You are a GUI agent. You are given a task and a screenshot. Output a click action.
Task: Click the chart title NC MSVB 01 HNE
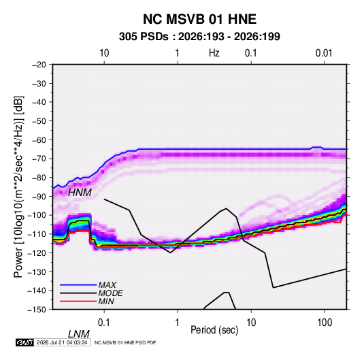[199, 19]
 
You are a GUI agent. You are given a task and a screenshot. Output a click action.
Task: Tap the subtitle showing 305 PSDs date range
[199, 37]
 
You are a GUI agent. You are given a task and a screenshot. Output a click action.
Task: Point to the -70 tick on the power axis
[39, 159]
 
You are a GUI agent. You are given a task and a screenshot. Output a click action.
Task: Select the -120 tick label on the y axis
[37, 253]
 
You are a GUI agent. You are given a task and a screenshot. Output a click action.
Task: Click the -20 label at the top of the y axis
[39, 65]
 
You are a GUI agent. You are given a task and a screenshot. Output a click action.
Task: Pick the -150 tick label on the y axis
[37, 310]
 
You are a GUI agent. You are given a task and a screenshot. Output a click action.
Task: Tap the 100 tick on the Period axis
[325, 323]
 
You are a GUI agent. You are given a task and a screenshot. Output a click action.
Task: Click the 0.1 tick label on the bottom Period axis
[104, 323]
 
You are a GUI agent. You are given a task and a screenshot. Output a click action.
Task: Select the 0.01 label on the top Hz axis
[324, 53]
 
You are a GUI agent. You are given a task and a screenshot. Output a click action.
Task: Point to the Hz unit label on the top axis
[214, 53]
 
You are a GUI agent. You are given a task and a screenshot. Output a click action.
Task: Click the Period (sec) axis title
[214, 330]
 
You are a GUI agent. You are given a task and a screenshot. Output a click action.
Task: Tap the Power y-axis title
[18, 186]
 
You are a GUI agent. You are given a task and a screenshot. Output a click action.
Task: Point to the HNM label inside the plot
[80, 193]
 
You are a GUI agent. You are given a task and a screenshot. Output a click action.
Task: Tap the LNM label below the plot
[79, 334]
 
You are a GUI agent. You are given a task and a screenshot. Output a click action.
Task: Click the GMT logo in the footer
[25, 342]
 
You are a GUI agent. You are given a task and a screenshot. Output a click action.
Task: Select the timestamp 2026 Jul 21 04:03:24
[62, 342]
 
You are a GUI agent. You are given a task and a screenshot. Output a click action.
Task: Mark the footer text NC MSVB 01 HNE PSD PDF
[125, 342]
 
